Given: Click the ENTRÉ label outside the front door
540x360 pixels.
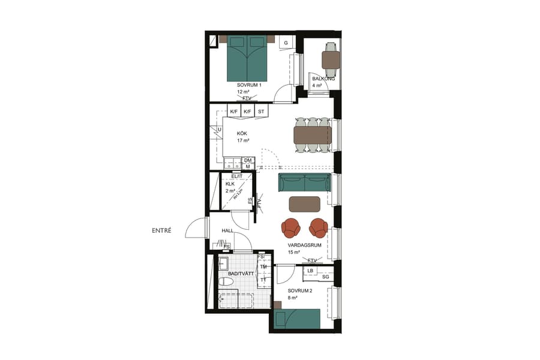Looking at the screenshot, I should (x=161, y=230).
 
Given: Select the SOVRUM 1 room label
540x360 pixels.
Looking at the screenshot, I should (x=249, y=85).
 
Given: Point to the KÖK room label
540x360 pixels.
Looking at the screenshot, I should (x=242, y=133).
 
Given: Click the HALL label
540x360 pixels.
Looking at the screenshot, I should (x=227, y=230).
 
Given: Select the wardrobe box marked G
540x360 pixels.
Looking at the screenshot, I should (x=286, y=43).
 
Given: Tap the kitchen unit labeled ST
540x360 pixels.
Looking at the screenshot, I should (x=261, y=112).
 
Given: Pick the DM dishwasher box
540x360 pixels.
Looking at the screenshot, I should (x=247, y=160).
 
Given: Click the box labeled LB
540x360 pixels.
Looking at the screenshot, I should (x=310, y=271).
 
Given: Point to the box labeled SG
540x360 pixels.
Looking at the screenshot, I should (x=325, y=277).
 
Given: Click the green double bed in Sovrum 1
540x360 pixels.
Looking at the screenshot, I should (x=246, y=58).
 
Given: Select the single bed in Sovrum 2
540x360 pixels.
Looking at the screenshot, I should (x=296, y=319).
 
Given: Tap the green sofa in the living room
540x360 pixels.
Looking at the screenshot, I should (x=305, y=182).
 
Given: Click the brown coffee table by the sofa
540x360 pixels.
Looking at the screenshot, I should (x=305, y=204).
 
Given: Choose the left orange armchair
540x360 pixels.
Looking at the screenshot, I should (x=291, y=228).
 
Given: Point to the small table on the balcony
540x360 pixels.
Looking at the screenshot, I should (x=331, y=60).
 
